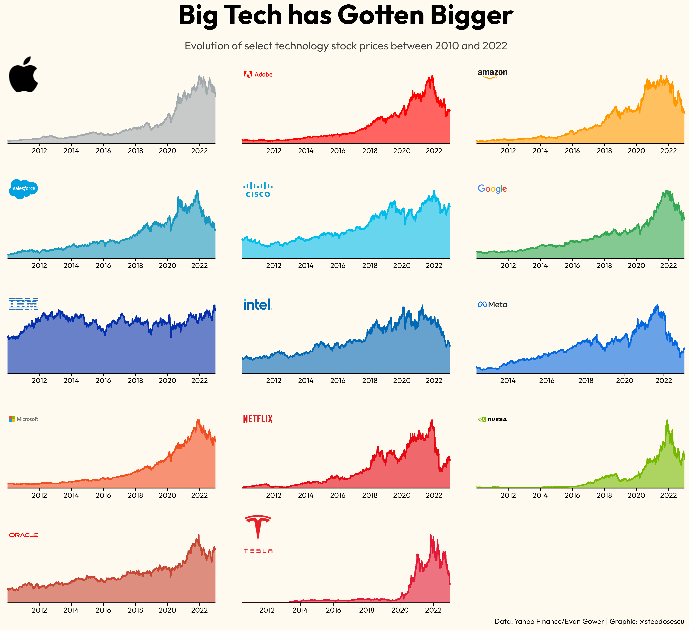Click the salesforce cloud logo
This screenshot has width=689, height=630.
pyautogui.click(x=23, y=189)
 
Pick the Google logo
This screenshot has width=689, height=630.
pyautogui.click(x=492, y=189)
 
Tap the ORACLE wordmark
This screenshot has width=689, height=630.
pyautogui.click(x=23, y=535)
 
